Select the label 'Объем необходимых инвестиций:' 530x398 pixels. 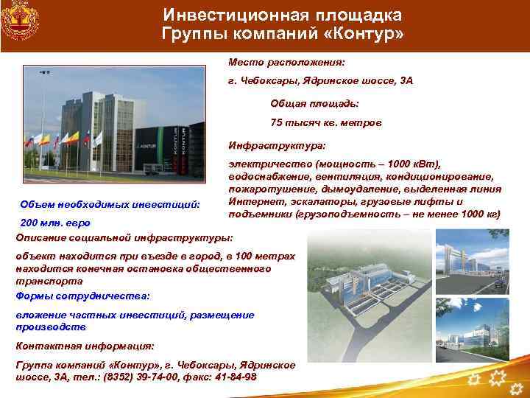tap(110, 203)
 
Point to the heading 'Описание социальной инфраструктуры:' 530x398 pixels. tap(124, 237)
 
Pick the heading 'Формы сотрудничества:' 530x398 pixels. tap(82, 295)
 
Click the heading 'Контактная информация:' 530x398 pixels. tap(85, 345)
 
